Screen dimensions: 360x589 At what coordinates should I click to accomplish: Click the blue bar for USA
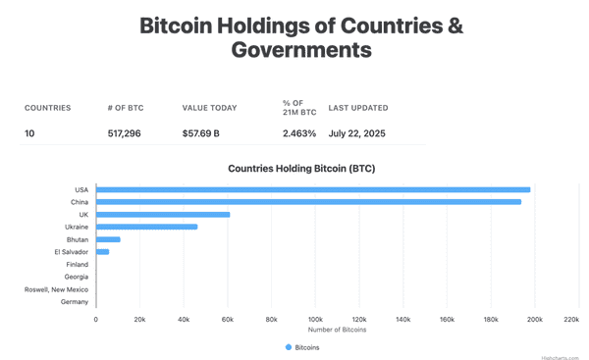312,190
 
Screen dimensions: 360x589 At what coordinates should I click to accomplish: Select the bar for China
308,202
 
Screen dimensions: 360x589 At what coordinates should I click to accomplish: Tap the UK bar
163,215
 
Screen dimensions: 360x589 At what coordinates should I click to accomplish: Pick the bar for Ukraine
146,228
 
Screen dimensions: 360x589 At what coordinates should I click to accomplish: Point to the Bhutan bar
108,239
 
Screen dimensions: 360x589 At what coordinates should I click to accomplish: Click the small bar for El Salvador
102,252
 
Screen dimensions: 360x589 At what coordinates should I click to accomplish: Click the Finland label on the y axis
77,265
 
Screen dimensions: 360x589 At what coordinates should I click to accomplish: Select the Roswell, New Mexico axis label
56,289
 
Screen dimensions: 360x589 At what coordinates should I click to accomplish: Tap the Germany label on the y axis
74,302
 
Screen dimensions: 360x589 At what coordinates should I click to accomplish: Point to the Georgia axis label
76,277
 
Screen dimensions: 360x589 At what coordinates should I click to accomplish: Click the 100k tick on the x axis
315,320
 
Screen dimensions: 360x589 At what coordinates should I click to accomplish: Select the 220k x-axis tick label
571,320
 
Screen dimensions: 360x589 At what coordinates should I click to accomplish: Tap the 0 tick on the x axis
96,320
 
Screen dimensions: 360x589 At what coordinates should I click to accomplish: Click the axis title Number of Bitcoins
337,330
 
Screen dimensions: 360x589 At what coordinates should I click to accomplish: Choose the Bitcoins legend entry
302,347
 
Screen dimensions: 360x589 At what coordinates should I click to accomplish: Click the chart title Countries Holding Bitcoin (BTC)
301,169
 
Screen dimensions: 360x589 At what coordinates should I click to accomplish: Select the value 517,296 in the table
124,133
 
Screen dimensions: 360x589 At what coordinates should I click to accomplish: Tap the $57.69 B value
201,133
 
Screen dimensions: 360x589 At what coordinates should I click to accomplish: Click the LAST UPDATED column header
357,108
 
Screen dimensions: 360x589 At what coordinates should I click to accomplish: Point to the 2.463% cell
299,133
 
